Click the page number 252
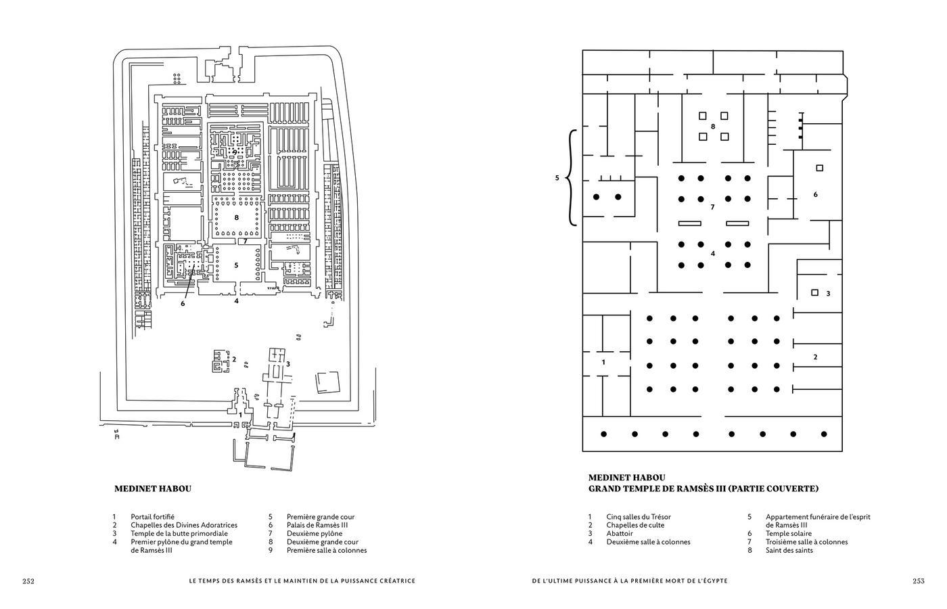click(x=28, y=581)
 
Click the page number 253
click(x=918, y=581)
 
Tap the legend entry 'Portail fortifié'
click(x=152, y=517)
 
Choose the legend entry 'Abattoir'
click(x=620, y=533)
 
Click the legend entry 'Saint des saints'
click(x=789, y=550)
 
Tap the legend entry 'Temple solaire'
click(x=788, y=533)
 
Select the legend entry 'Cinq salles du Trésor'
click(x=639, y=517)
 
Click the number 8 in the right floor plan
click(x=713, y=127)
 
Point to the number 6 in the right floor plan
click(x=815, y=194)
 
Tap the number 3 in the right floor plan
click(x=828, y=293)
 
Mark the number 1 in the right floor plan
click(x=604, y=362)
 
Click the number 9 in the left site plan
click(x=235, y=152)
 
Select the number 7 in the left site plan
click(x=245, y=241)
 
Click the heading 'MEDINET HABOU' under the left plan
click(x=153, y=488)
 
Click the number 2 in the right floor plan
click(x=815, y=357)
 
